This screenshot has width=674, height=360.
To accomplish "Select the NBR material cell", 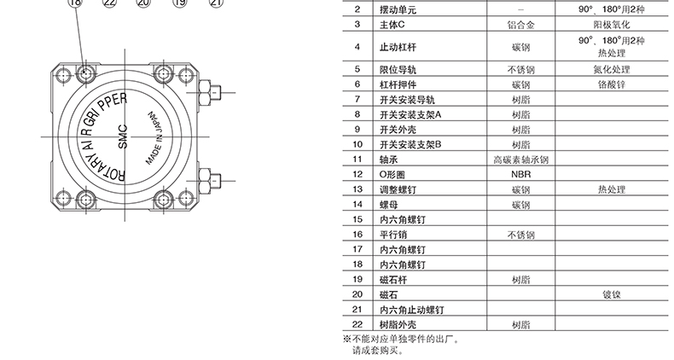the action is pyautogui.click(x=520, y=173).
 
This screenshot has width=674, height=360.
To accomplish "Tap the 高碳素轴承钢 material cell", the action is pyautogui.click(x=520, y=160).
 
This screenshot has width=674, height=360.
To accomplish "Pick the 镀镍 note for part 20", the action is pyautogui.click(x=611, y=293).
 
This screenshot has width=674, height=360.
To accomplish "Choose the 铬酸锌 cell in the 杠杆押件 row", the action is pyautogui.click(x=611, y=85).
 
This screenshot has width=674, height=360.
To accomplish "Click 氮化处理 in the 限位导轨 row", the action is pyautogui.click(x=611, y=69).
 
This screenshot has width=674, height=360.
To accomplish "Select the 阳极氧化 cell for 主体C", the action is pyautogui.click(x=611, y=25).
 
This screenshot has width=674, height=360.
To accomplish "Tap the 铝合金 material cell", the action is pyautogui.click(x=520, y=25).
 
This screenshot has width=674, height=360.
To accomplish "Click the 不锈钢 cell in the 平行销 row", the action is pyautogui.click(x=520, y=235).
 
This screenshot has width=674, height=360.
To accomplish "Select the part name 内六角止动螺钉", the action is pyautogui.click(x=411, y=309).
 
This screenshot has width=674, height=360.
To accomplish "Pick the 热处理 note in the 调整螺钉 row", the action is pyautogui.click(x=611, y=189).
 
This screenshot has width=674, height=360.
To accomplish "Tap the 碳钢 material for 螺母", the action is pyautogui.click(x=520, y=205).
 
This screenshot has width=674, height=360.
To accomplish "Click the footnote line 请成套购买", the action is pyautogui.click(x=373, y=350).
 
